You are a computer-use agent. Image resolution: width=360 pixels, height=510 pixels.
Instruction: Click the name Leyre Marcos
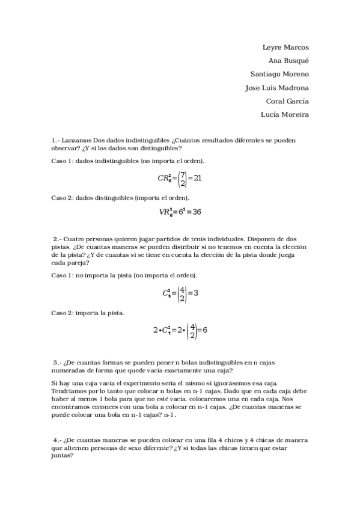(285, 47)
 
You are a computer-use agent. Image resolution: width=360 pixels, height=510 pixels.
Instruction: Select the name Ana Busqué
(288, 60)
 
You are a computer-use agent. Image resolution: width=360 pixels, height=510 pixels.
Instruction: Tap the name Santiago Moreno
(279, 74)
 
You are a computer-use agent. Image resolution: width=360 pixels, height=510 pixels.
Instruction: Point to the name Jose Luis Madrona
(277, 88)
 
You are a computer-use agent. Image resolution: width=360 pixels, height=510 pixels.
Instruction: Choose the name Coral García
(287, 101)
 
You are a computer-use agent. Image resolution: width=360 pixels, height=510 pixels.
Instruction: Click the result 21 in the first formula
(197, 179)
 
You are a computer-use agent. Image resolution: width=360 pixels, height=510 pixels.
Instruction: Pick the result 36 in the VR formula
(196, 212)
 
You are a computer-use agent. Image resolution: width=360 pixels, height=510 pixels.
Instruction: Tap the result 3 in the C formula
(196, 293)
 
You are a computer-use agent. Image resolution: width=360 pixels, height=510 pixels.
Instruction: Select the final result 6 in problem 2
(204, 330)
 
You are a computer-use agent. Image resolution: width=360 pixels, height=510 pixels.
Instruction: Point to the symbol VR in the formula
(164, 212)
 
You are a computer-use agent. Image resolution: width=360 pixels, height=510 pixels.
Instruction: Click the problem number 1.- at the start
(56, 140)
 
